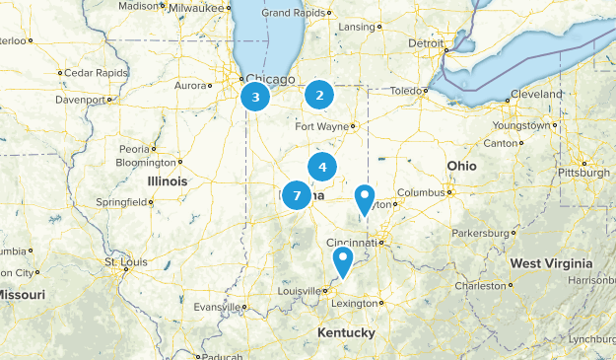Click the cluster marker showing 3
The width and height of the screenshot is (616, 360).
(255, 97)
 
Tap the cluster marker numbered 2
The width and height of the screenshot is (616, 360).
(318, 95)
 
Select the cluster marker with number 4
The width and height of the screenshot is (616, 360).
(322, 167)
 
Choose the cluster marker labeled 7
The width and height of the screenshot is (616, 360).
(297, 195)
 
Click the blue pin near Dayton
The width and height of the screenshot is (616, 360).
(365, 198)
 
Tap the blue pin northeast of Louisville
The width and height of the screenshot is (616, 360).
(343, 261)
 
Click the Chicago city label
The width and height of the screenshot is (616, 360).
(270, 79)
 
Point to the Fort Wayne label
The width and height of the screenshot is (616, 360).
(323, 126)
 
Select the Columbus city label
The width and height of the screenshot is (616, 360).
(421, 192)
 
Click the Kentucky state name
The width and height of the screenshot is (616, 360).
(346, 333)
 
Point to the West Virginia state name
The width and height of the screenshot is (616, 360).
(551, 263)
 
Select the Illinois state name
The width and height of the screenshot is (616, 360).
(167, 181)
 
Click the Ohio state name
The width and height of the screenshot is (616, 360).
(461, 166)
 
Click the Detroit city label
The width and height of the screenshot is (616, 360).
(427, 43)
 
